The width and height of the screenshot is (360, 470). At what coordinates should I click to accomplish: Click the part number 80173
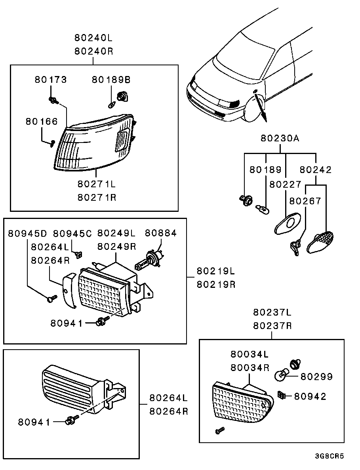click(51, 80)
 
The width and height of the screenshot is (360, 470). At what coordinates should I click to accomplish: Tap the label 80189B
click(111, 80)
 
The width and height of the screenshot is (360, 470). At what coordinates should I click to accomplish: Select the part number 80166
click(42, 122)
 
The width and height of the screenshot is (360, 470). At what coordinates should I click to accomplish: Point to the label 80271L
click(97, 184)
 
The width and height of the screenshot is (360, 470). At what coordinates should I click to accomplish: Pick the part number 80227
click(285, 185)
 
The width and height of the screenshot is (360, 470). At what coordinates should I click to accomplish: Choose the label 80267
click(305, 201)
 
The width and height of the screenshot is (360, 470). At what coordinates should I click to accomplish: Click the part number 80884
click(160, 233)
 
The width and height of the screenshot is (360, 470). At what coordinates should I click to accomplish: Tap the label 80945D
click(27, 233)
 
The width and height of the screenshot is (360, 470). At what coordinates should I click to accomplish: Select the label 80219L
click(216, 271)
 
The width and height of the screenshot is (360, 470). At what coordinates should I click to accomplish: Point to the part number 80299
click(316, 376)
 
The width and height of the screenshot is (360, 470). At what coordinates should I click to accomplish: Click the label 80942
click(310, 396)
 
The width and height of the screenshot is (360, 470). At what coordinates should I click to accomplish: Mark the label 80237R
click(272, 326)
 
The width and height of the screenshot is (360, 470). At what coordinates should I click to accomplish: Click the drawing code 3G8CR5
click(330, 456)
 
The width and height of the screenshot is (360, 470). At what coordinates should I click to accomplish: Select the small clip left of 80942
click(282, 395)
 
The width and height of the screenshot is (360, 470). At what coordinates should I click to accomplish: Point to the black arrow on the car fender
click(260, 107)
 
